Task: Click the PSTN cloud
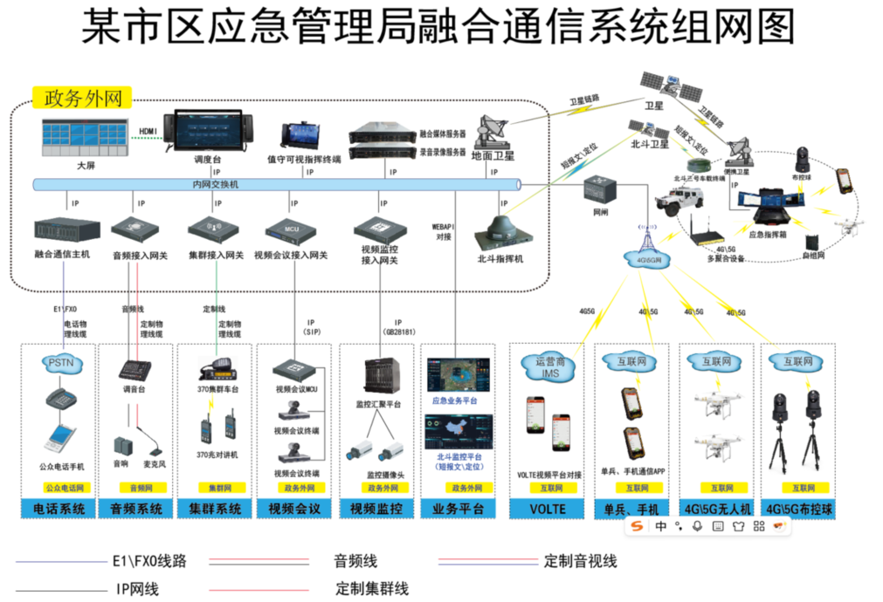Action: click(59, 361)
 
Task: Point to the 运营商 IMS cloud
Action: click(548, 366)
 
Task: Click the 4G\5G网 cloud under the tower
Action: click(645, 259)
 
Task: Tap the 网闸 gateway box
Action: click(600, 189)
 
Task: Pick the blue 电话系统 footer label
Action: click(59, 509)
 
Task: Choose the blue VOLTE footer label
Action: click(547, 509)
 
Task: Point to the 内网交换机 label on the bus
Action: click(215, 185)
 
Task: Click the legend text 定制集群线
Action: click(372, 589)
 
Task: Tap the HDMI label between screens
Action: click(148, 132)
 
